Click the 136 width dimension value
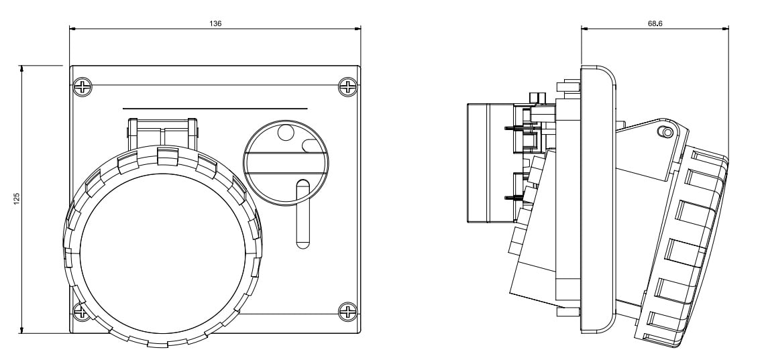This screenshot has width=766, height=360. click(x=215, y=23)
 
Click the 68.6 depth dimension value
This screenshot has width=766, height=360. click(x=655, y=23)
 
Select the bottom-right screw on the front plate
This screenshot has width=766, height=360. click(x=348, y=311)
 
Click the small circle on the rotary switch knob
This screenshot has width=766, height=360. click(x=286, y=133)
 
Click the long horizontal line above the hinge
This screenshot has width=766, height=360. click(x=215, y=108)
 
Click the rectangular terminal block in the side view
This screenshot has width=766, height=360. click(x=490, y=162)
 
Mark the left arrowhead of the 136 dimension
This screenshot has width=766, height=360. click(x=72, y=28)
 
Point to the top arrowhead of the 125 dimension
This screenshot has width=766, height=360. click(x=22, y=68)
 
